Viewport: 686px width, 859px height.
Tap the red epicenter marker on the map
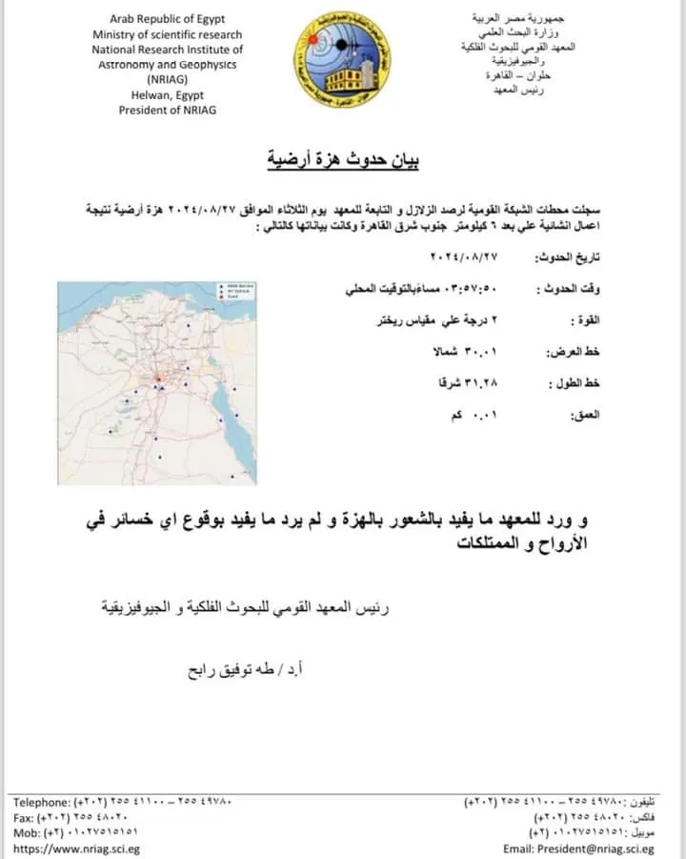[x=161, y=381]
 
